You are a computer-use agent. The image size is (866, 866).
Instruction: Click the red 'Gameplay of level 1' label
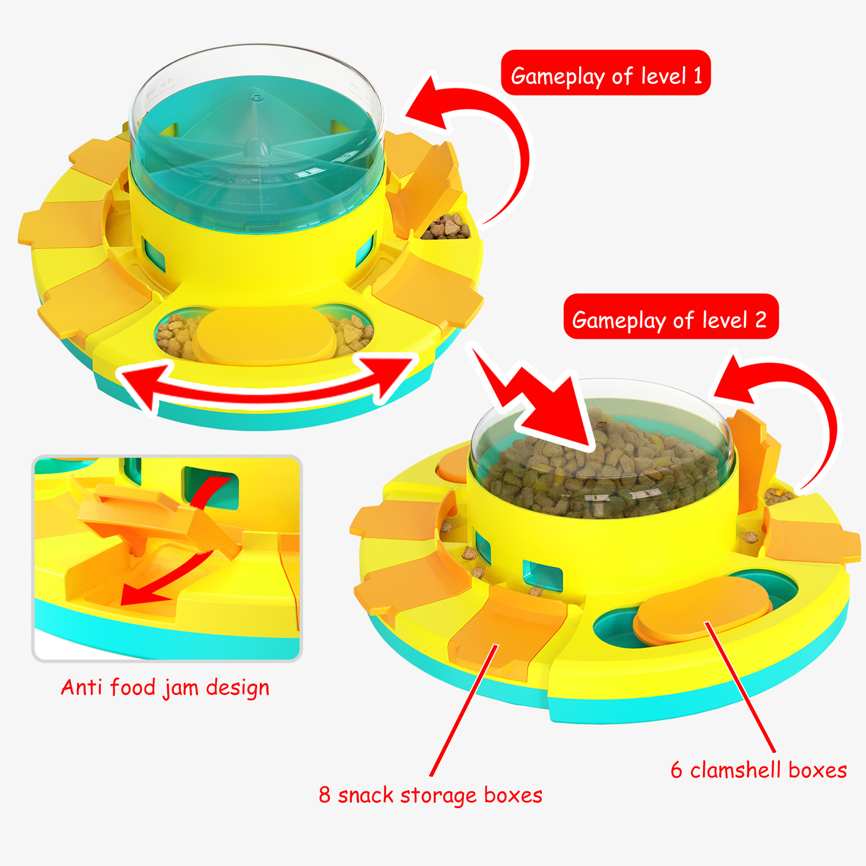tap(606, 73)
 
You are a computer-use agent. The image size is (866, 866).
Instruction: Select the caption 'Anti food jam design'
tap(165, 687)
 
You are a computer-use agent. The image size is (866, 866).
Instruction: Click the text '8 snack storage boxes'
tap(430, 795)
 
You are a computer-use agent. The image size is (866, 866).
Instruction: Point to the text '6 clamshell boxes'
tap(758, 770)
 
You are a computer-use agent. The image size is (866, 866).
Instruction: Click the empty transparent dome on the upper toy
tap(257, 146)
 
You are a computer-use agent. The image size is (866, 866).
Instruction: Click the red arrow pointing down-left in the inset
tap(162, 582)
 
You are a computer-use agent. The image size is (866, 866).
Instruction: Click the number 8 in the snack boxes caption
tap(324, 795)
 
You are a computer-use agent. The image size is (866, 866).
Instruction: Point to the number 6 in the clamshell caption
tap(677, 770)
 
